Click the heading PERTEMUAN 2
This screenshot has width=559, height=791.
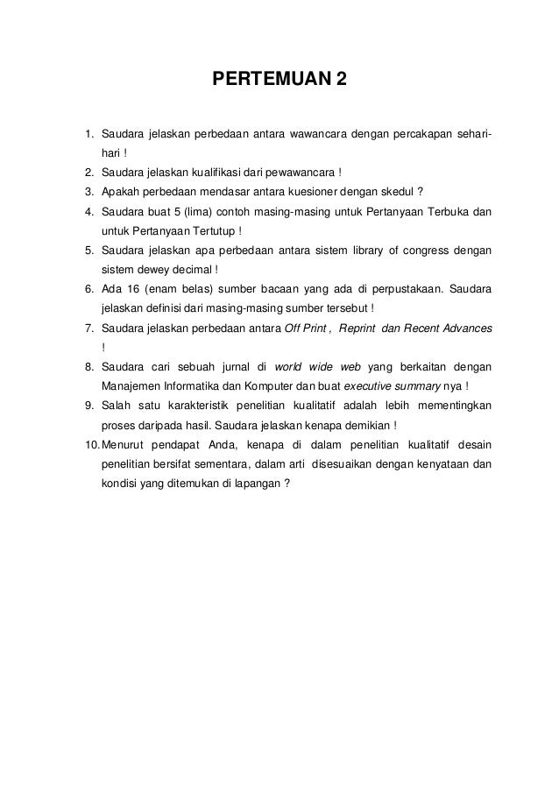[279, 83]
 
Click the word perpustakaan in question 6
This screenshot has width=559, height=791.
[409, 289]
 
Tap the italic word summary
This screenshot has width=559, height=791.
[419, 386]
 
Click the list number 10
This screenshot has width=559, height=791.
[90, 444]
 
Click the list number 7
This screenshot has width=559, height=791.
[89, 328]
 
